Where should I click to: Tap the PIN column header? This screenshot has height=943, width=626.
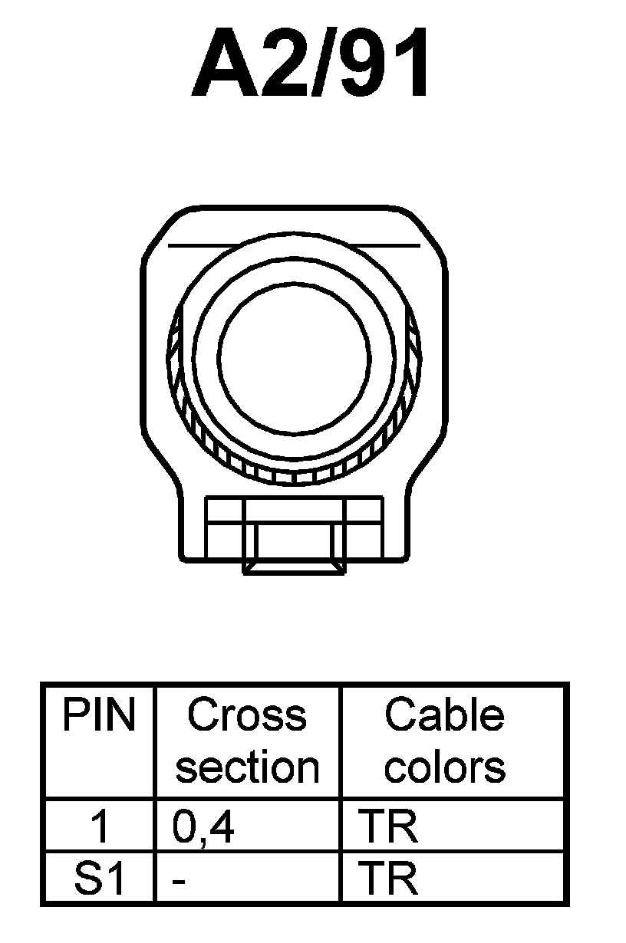(99, 715)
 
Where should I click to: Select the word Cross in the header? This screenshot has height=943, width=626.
(246, 715)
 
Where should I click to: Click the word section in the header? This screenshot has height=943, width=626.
(247, 767)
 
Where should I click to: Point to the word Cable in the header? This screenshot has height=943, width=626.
(444, 715)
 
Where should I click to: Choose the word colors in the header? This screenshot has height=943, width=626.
(445, 767)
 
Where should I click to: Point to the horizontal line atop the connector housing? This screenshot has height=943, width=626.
(294, 246)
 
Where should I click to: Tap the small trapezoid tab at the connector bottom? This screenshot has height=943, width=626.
(294, 568)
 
